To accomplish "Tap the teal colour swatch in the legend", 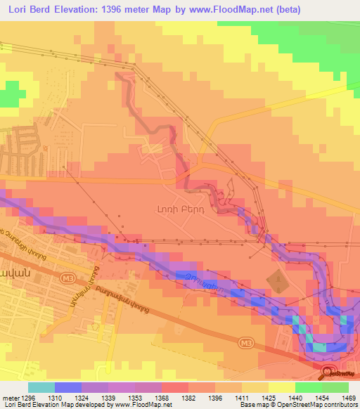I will pos(41,387).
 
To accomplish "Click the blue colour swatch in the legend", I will pos(67,387).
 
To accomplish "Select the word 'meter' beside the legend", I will pos(10,398).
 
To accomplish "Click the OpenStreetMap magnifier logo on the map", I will pos(326,372).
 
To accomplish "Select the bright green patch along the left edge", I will pos(7,98).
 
